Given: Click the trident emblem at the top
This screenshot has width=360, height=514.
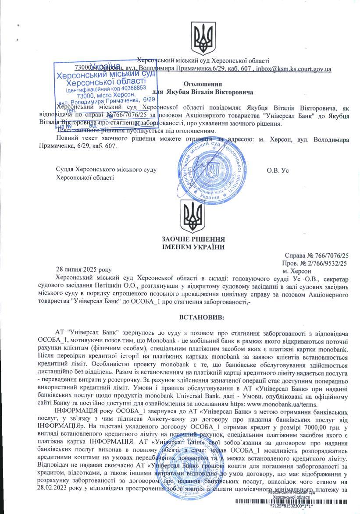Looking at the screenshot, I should [203, 39].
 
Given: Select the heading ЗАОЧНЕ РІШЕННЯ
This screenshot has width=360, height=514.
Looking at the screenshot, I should [193, 239].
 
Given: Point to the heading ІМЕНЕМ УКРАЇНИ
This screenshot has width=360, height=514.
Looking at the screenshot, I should [193, 247].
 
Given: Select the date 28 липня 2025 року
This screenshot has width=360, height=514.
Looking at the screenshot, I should [84, 269].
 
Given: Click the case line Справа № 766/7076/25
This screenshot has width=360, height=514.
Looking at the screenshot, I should [317, 255].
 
